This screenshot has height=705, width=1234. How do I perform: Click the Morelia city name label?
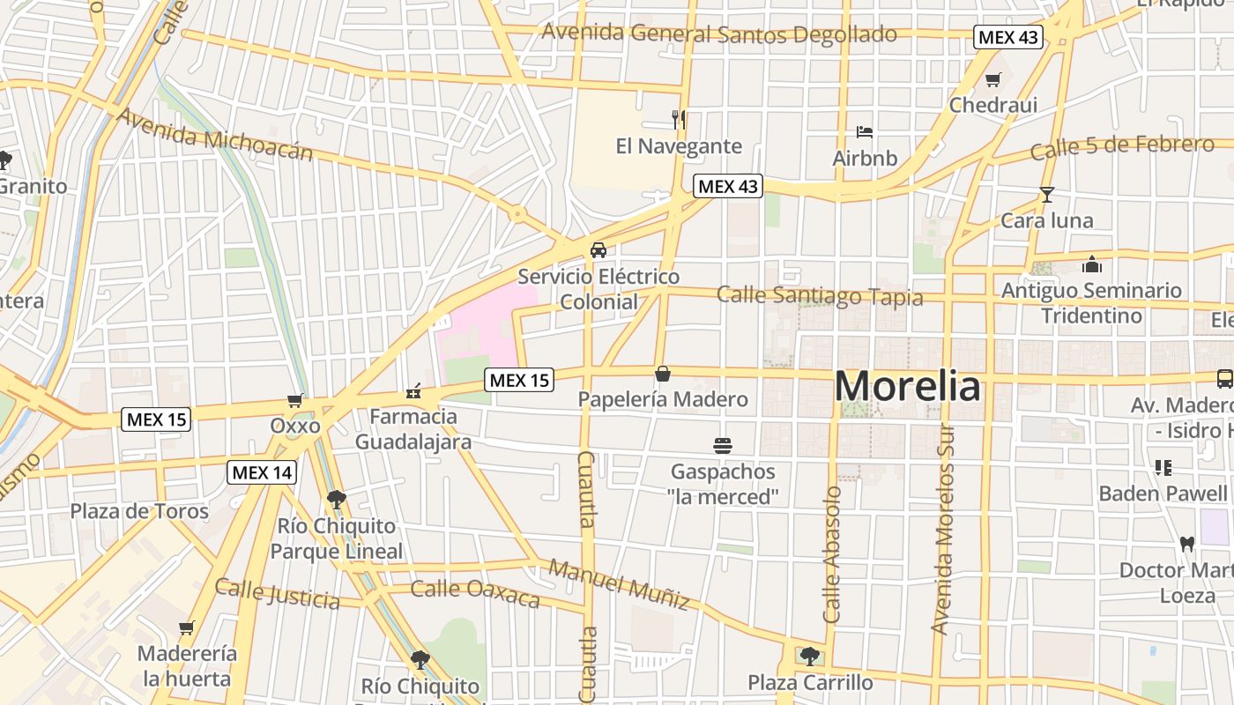906,387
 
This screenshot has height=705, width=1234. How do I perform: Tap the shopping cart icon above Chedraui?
992,80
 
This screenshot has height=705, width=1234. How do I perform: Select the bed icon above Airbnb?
865,132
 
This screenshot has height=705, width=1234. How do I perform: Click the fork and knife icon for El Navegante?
679,120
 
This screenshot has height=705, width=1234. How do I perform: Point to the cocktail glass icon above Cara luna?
1046,195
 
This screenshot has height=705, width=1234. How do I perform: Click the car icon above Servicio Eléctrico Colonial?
598,250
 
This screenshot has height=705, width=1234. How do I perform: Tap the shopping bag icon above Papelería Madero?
663,374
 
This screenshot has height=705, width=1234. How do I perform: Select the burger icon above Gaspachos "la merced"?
723,446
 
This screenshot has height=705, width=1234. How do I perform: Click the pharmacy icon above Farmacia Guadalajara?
413,390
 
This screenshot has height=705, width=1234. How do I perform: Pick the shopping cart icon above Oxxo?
295,400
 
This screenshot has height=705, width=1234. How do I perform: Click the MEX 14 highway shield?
262,472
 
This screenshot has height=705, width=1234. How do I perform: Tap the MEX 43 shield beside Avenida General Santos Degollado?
1008,38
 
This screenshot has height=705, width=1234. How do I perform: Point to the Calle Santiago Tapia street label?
820,296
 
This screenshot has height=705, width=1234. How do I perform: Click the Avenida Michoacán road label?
214,135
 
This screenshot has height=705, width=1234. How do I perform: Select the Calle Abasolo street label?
832,555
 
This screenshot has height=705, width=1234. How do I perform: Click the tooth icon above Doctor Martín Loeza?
1186,544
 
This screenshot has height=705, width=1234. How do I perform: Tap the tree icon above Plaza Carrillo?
809,657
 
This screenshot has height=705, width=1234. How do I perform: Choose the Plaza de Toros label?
139,511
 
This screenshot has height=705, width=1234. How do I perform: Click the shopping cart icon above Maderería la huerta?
186,628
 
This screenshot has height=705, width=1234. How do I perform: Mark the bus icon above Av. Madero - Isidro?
1224,379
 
